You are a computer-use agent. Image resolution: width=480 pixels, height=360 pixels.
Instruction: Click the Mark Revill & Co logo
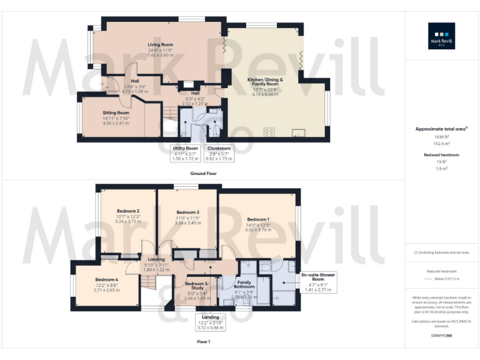(441, 36)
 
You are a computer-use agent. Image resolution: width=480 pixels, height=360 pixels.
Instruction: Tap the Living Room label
(160, 45)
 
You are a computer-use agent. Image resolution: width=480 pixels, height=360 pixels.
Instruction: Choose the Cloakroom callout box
(219, 153)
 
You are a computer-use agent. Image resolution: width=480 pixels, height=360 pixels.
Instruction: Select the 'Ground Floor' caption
(204, 173)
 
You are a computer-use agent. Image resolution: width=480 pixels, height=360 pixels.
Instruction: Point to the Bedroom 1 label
(258, 219)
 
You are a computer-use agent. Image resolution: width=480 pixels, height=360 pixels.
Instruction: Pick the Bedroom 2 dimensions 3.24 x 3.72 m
(128, 221)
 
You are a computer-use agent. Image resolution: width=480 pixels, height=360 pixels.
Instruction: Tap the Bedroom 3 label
(187, 212)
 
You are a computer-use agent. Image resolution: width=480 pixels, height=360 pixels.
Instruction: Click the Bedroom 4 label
(107, 279)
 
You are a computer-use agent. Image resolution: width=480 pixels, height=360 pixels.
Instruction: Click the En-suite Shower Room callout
(318, 282)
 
